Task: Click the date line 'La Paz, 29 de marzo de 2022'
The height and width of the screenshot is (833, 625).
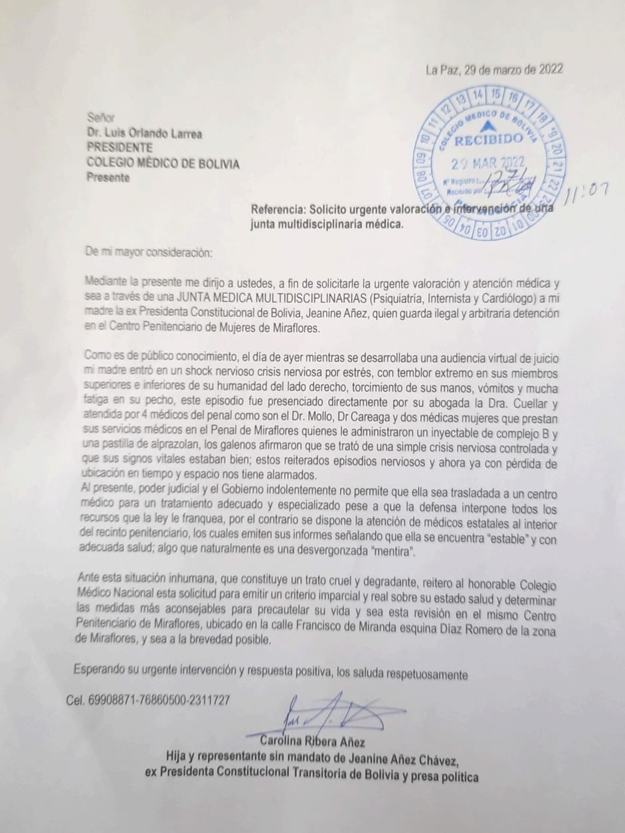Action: [x=494, y=69]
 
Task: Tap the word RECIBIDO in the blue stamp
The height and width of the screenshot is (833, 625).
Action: [x=488, y=139]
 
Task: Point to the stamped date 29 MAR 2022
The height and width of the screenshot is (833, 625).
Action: [x=488, y=163]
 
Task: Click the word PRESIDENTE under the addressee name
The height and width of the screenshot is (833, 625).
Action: [x=120, y=148]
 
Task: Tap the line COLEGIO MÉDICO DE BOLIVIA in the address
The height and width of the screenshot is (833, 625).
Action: [x=163, y=163]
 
